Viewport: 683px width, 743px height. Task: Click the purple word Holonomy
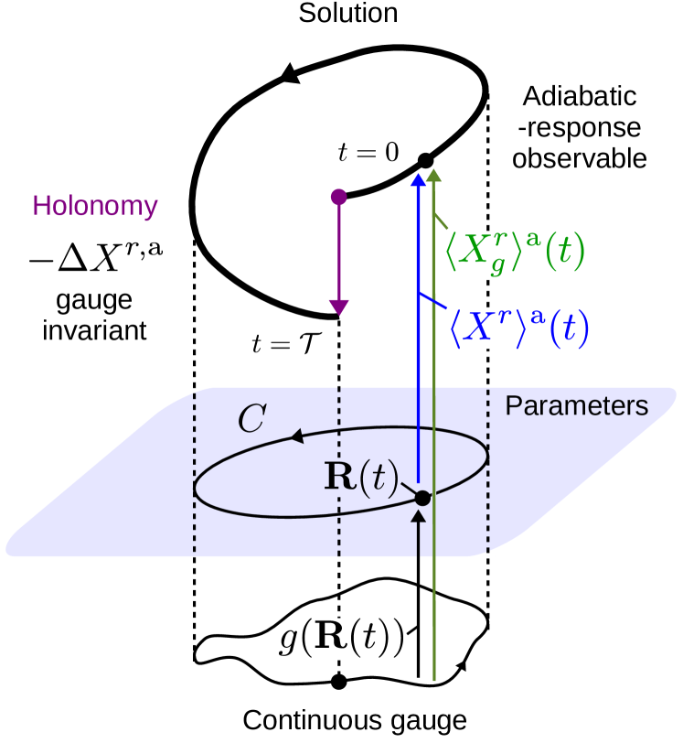pyautogui.click(x=95, y=206)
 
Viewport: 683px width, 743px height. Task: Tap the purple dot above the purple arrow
pyautogui.click(x=339, y=197)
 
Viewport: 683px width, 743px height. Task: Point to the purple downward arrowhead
pyautogui.click(x=339, y=307)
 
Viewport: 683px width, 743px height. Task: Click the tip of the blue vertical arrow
pyautogui.click(x=418, y=178)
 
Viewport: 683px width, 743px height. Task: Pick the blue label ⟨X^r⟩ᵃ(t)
pyautogui.click(x=518, y=328)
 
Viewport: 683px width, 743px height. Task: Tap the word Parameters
pyautogui.click(x=576, y=405)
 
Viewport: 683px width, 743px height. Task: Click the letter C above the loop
pyautogui.click(x=251, y=418)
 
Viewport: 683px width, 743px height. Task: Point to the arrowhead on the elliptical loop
pyautogui.click(x=297, y=437)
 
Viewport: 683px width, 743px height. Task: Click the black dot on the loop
pyautogui.click(x=422, y=498)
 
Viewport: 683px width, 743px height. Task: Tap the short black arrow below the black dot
pyautogui.click(x=419, y=534)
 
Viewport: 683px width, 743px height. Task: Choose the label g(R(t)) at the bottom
pyautogui.click(x=341, y=638)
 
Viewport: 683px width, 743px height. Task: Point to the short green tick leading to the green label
pyautogui.click(x=440, y=221)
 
